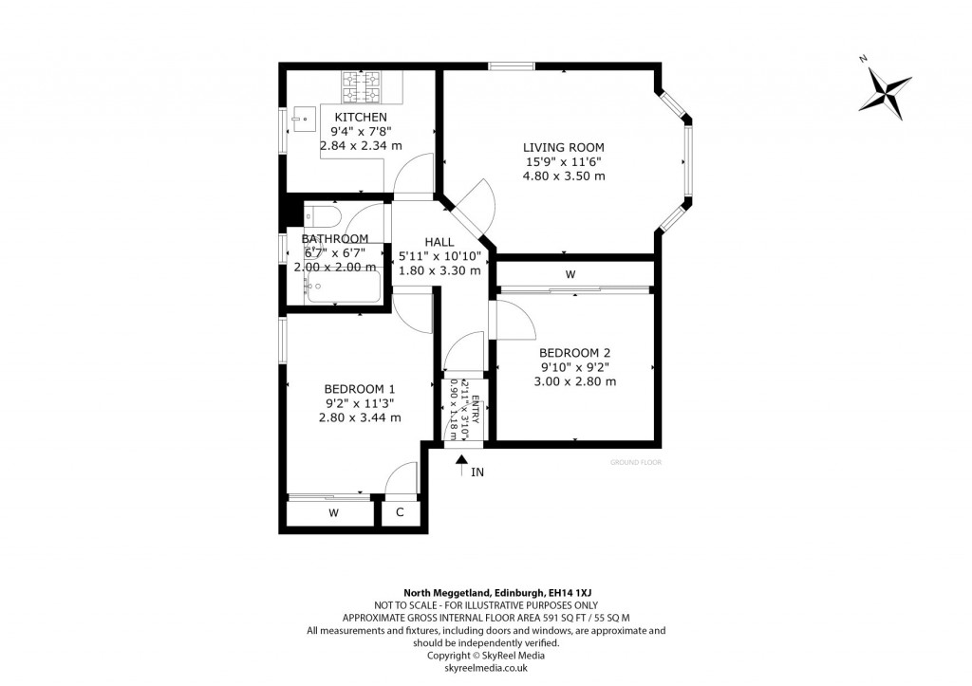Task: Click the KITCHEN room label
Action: pyautogui.click(x=360, y=117)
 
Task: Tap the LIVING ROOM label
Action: pyautogui.click(x=565, y=147)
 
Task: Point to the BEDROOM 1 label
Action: pyautogui.click(x=360, y=388)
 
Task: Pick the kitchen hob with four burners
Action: pyautogui.click(x=361, y=89)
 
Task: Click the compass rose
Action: pyautogui.click(x=885, y=91)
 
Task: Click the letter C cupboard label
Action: pyautogui.click(x=400, y=513)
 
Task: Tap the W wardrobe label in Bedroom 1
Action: pyautogui.click(x=333, y=513)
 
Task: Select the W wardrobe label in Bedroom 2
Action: pyautogui.click(x=570, y=274)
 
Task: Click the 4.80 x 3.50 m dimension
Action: pyautogui.click(x=565, y=176)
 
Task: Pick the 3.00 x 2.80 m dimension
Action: pyautogui.click(x=574, y=382)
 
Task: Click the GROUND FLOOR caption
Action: pyautogui.click(x=635, y=463)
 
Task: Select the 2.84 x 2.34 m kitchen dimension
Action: pyautogui.click(x=360, y=146)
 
